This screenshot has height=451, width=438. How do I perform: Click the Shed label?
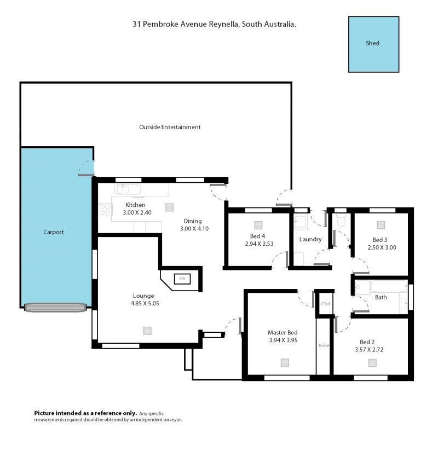[372, 43]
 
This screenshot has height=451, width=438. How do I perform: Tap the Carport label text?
[54, 232]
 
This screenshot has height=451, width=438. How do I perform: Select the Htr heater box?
[182, 279]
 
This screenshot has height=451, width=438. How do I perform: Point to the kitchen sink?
[128, 189]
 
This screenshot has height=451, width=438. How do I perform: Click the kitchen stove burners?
[105, 210]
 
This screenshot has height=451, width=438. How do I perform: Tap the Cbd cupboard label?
[325, 304]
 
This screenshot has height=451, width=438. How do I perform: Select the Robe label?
[324, 345]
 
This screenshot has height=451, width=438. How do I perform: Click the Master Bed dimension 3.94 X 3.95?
[283, 340]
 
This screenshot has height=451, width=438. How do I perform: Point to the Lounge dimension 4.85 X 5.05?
[145, 303]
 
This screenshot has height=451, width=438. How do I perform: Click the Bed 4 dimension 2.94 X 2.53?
[260, 244]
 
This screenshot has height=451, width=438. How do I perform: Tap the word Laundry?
[310, 239]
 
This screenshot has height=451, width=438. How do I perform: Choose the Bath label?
[381, 297]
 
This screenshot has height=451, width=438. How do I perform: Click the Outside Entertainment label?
[170, 127]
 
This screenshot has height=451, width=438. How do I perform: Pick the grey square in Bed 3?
[381, 225]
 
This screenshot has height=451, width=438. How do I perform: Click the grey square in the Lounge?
[147, 331]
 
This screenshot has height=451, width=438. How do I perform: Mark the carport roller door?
[55, 307]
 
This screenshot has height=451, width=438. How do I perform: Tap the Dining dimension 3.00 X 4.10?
[194, 229]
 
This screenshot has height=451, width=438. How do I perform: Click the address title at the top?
[214, 24]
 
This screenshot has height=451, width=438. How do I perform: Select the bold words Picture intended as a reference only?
[85, 413]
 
